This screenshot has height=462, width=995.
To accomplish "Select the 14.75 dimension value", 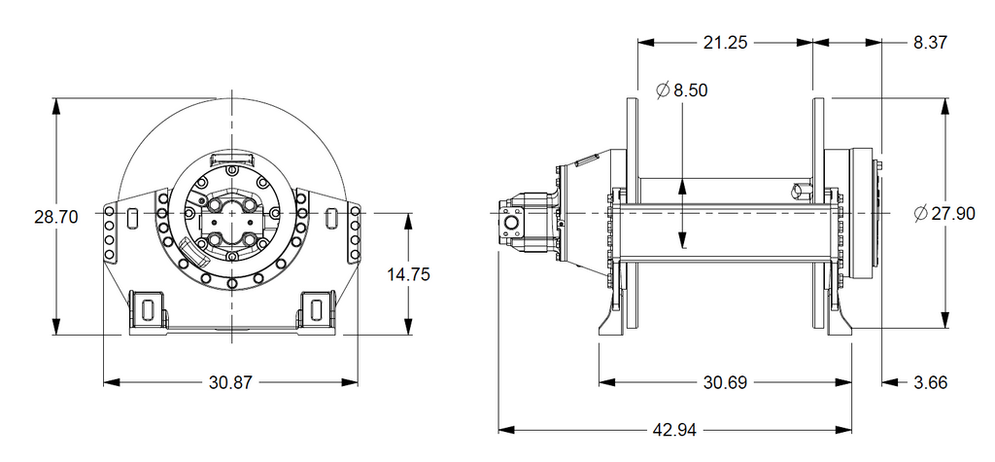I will click(408, 275).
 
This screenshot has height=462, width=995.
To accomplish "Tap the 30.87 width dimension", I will click(230, 383).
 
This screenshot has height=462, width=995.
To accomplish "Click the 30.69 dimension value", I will click(725, 383).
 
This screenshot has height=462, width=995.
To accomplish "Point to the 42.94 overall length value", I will click(675, 429).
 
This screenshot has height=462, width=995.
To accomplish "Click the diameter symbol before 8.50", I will click(663, 90).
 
